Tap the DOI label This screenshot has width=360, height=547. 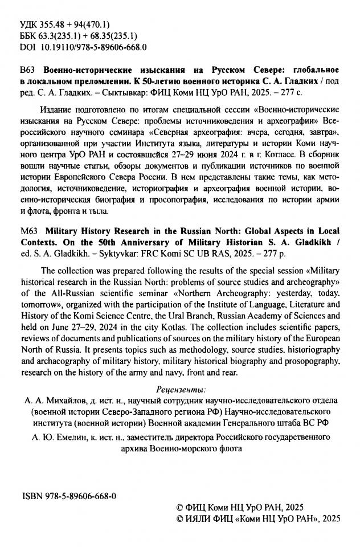click(x=27, y=48)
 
